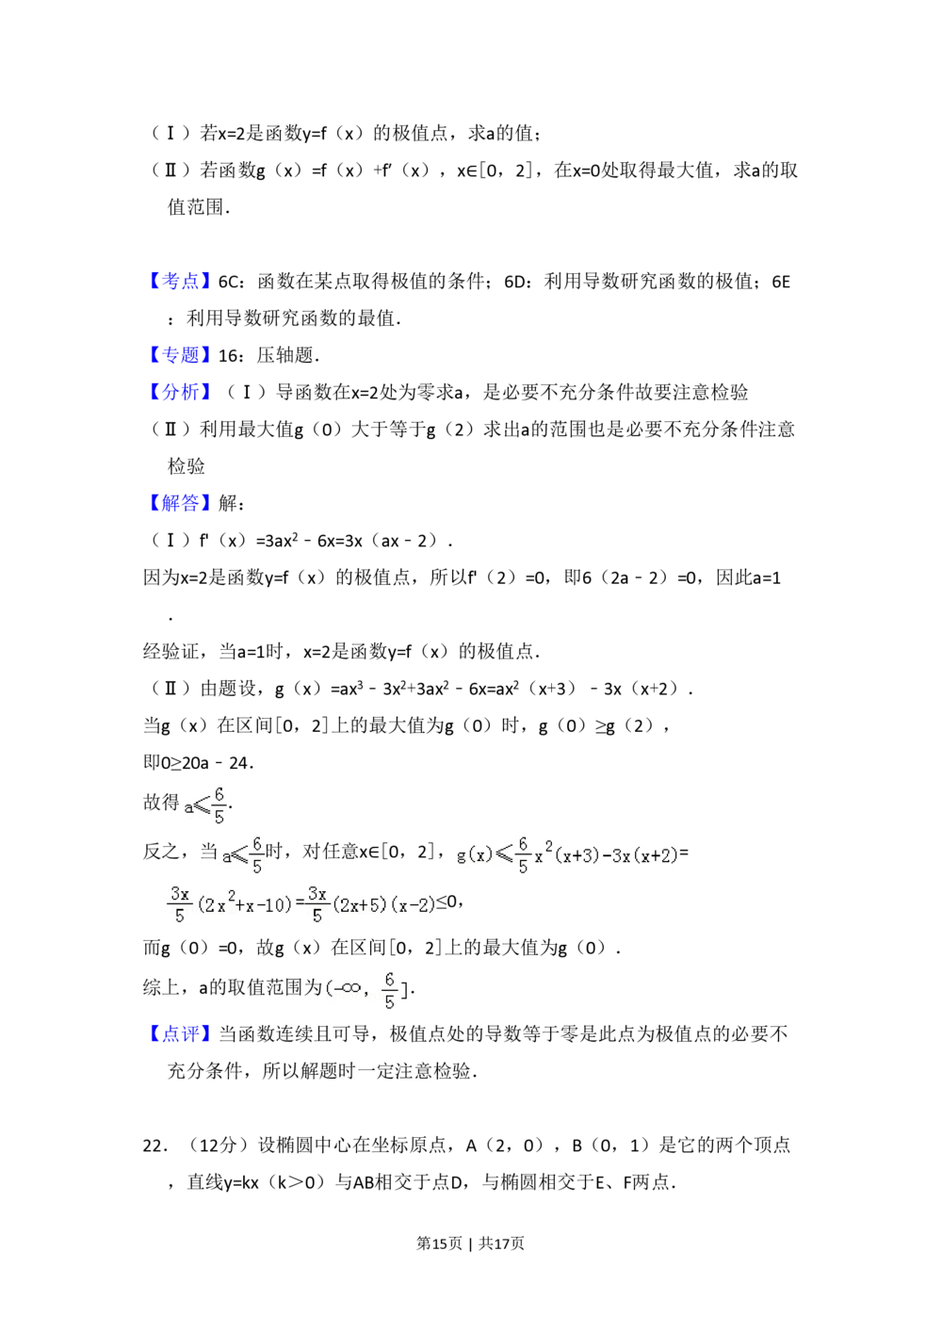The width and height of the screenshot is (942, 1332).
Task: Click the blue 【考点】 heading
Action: point(180,282)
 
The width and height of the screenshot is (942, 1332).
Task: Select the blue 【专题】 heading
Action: point(180,355)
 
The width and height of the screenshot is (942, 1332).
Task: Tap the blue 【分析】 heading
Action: point(180,392)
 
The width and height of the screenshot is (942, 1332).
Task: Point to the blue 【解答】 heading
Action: point(180,501)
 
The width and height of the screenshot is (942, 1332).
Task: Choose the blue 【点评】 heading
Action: point(180,1033)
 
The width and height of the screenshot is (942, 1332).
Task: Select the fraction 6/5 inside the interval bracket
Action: point(389,991)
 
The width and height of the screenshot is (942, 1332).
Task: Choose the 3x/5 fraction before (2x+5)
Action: point(317,904)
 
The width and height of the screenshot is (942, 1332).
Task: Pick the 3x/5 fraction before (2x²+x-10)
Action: point(179,904)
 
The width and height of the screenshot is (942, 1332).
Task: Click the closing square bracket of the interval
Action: point(405,990)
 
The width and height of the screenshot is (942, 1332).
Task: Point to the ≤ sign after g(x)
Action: point(504,855)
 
